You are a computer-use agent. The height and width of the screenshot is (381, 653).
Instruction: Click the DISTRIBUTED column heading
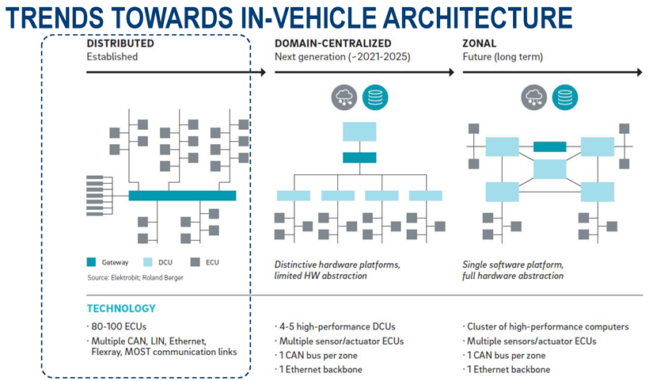[120, 43]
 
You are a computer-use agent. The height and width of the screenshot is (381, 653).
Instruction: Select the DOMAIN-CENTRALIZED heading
[333, 43]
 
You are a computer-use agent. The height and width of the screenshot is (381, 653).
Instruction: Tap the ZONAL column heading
[481, 43]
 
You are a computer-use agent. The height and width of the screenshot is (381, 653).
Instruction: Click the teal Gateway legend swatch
[92, 262]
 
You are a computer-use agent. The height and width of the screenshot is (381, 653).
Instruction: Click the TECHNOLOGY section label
[121, 308]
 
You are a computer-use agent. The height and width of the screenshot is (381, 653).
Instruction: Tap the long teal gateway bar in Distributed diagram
[182, 195]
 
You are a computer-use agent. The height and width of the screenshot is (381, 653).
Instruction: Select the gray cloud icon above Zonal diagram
[534, 98]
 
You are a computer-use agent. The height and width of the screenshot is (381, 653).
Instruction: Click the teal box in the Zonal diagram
[550, 147]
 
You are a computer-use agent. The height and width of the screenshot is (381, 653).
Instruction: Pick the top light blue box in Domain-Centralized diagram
[359, 131]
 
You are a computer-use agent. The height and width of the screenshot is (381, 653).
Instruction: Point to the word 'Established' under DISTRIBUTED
[112, 56]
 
